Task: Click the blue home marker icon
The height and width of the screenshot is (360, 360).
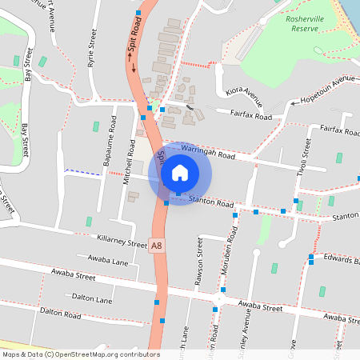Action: [x=180, y=173]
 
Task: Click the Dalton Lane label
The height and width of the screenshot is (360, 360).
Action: [x=92, y=298]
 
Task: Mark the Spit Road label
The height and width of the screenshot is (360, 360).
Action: [x=134, y=50]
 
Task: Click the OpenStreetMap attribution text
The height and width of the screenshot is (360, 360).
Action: [x=80, y=354]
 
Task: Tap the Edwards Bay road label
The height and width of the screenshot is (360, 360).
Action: [x=342, y=258]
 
